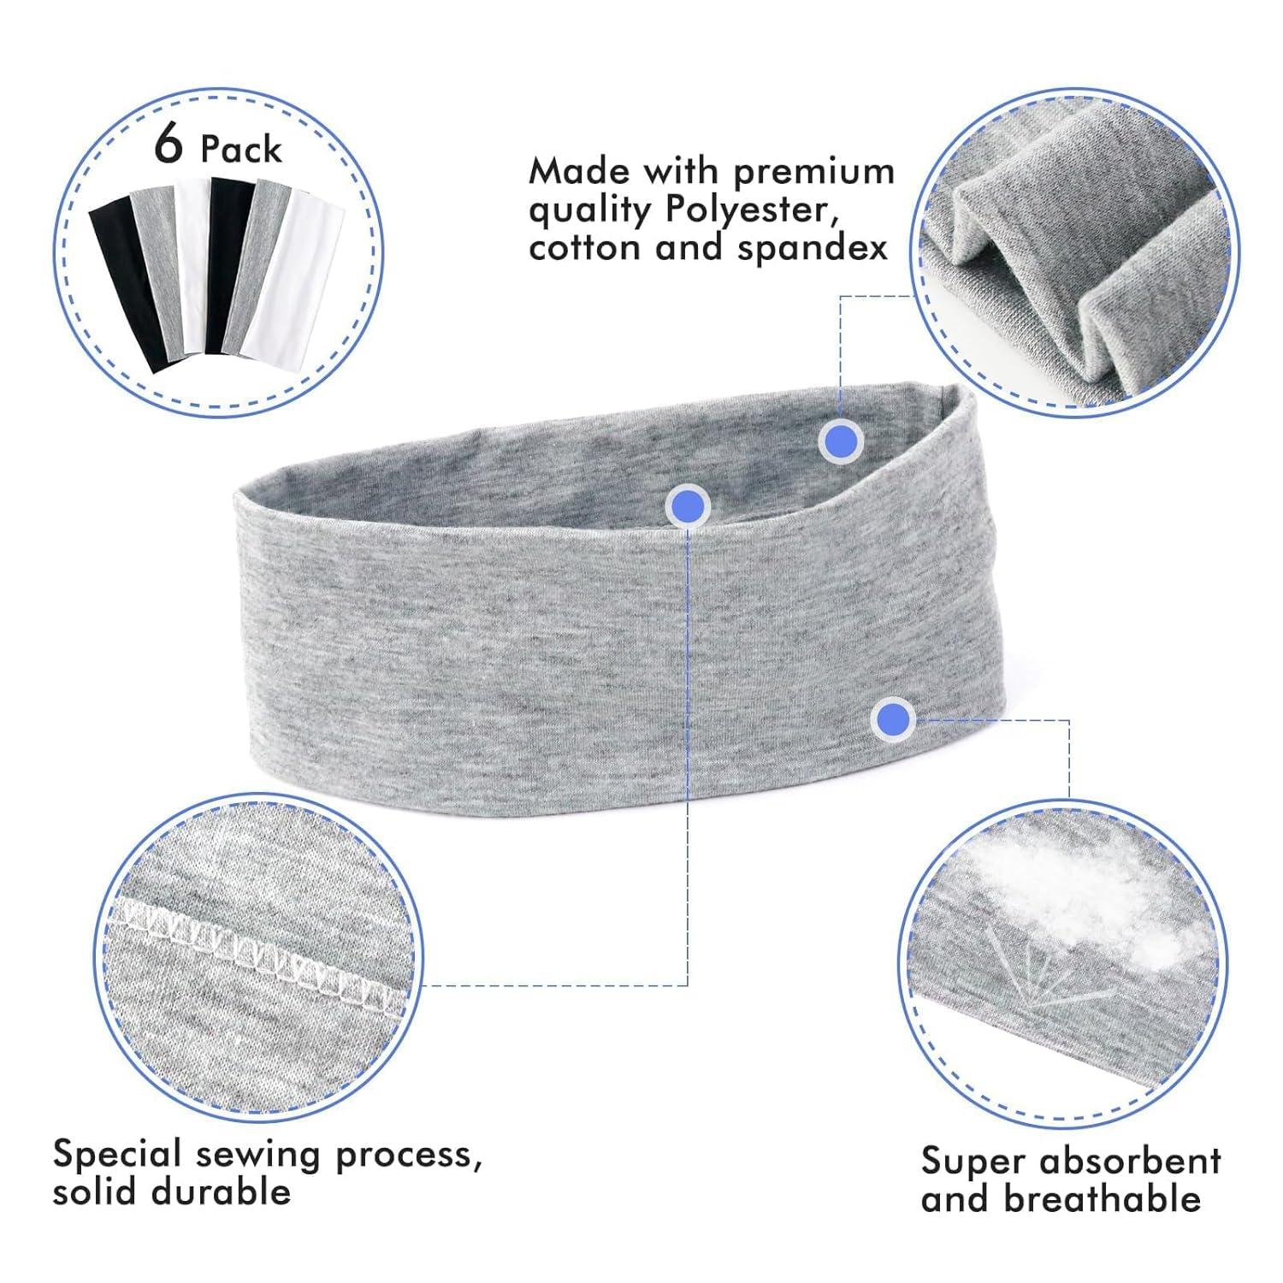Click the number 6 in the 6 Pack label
169,145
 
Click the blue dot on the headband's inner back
841,441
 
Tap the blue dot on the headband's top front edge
688,507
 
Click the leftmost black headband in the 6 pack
124,278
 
